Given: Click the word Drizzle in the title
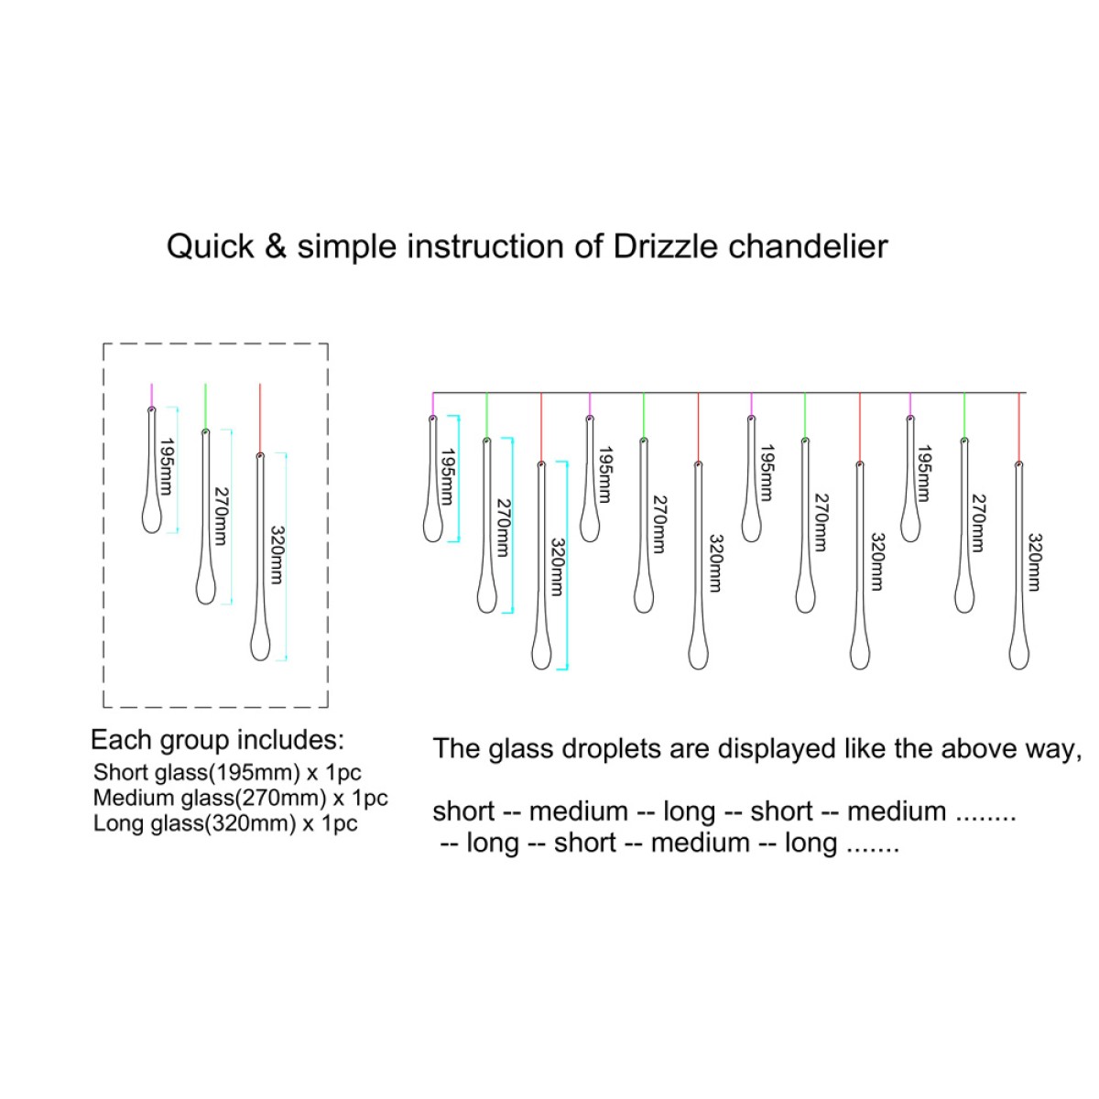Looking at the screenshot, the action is pos(665,246).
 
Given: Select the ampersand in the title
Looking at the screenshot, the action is pos(275,247).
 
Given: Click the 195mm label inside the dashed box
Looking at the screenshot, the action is pos(166,466).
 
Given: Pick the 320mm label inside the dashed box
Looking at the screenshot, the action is pos(276,555).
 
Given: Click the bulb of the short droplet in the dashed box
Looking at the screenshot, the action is pos(152,517).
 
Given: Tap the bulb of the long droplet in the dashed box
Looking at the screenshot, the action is pos(260,643).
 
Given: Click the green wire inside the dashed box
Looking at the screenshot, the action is pos(205,406).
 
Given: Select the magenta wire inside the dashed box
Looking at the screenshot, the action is pos(152,395).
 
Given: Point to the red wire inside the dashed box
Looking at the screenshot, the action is pos(260,418).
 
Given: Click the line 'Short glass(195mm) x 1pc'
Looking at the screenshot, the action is pos(227,772).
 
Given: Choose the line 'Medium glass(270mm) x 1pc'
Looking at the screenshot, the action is pos(240,798).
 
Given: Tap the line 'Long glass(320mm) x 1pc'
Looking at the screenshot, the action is pos(225,823).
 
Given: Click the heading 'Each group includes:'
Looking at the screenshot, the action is pos(217,740).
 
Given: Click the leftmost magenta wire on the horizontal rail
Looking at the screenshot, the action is pos(433,405).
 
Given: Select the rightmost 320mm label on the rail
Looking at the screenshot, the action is pos(1034,562).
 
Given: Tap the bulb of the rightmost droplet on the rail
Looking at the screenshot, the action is pos(1019,652).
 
